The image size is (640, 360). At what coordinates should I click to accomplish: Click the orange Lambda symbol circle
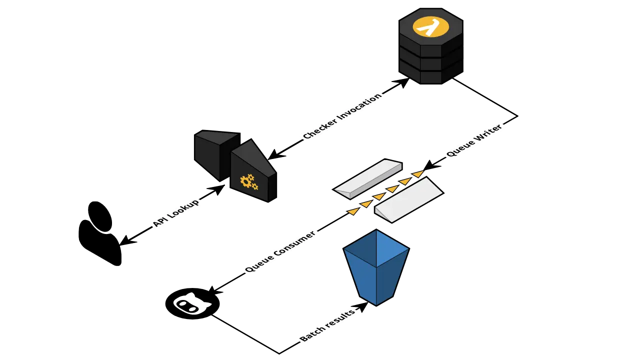coord(430,26)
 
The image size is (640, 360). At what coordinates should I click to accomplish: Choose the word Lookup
coord(184,208)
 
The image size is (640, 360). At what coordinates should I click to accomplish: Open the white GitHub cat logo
coord(191,304)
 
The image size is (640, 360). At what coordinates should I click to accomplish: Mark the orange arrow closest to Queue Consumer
coord(353,211)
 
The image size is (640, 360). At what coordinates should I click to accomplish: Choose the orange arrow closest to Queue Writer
coord(418,174)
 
